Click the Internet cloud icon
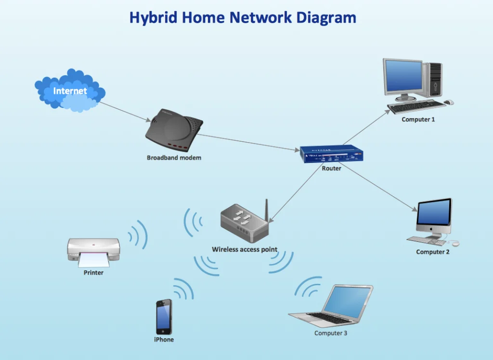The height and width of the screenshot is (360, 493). (x=70, y=90)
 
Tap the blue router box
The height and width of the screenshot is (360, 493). (x=331, y=154)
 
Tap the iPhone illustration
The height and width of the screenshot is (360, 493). (x=164, y=317)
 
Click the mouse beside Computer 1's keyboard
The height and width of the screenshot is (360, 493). (x=449, y=102)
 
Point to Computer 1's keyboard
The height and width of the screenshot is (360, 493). (x=416, y=107)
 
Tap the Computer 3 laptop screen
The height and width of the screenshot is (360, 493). (x=347, y=303)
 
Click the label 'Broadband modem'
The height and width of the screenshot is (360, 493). (x=174, y=158)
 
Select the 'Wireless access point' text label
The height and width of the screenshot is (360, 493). (x=245, y=249)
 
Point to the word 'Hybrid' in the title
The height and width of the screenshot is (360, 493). (x=154, y=18)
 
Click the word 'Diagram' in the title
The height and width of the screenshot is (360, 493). (x=326, y=18)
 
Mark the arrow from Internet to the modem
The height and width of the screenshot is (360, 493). (x=125, y=112)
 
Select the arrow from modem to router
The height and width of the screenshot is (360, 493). (x=248, y=143)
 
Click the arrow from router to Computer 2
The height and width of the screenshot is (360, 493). (x=378, y=187)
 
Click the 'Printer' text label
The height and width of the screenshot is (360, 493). (x=93, y=272)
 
